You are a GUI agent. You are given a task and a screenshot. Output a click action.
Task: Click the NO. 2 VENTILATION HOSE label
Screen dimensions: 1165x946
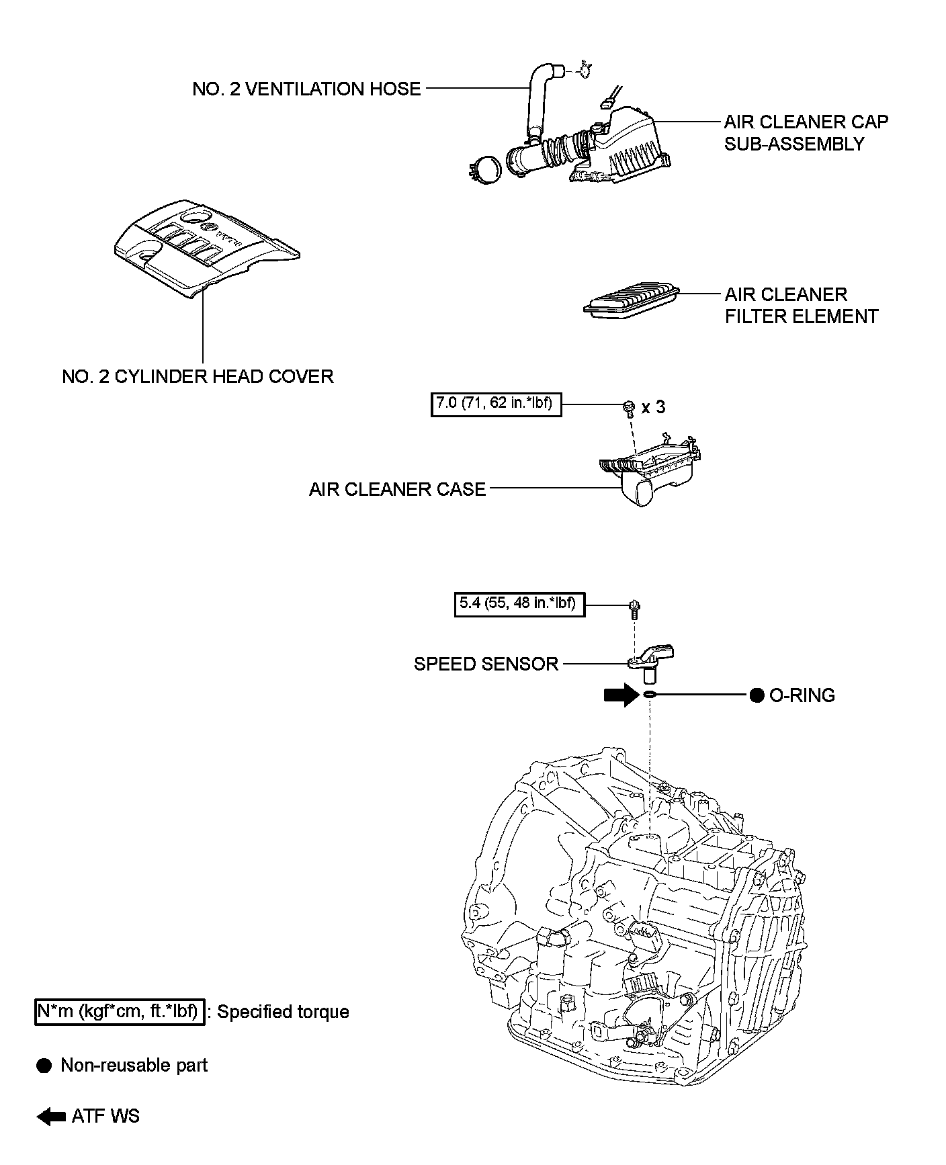pyautogui.click(x=306, y=89)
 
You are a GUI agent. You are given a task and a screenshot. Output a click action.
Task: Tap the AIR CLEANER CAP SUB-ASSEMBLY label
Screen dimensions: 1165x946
pyautogui.click(x=806, y=132)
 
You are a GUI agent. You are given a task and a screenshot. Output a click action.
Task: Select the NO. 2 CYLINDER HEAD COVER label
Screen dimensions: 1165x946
pyautogui.click(x=198, y=376)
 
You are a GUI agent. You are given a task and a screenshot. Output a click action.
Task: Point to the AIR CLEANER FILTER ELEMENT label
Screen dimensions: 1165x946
pyautogui.click(x=801, y=305)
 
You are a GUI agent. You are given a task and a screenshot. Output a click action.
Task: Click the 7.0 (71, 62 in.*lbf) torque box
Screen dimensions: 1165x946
pyautogui.click(x=496, y=404)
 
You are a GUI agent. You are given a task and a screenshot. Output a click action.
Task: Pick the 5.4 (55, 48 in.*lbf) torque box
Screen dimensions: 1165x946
pyautogui.click(x=519, y=604)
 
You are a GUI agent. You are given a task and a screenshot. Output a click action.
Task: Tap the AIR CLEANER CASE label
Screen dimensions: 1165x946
pyautogui.click(x=397, y=489)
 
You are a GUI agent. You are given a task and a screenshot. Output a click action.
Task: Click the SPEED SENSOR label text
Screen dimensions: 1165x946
pyautogui.click(x=486, y=664)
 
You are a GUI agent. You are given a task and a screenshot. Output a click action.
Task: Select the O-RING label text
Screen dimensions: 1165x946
pyautogui.click(x=802, y=695)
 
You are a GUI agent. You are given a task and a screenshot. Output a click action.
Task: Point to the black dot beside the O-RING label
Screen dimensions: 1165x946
pyautogui.click(x=757, y=695)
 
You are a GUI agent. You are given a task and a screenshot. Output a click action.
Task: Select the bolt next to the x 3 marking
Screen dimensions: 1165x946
pyautogui.click(x=630, y=407)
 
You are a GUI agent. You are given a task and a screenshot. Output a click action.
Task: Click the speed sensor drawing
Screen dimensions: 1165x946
pyautogui.click(x=650, y=660)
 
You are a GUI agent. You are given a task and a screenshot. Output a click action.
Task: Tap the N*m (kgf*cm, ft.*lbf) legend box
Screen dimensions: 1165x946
pyautogui.click(x=119, y=1011)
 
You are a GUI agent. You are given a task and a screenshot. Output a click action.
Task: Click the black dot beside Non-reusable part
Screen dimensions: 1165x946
pyautogui.click(x=44, y=1066)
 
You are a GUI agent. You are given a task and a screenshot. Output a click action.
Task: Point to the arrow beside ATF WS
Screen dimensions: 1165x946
pyautogui.click(x=51, y=1117)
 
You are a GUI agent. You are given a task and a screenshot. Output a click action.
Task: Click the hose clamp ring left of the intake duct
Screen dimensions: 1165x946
pyautogui.click(x=485, y=167)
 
